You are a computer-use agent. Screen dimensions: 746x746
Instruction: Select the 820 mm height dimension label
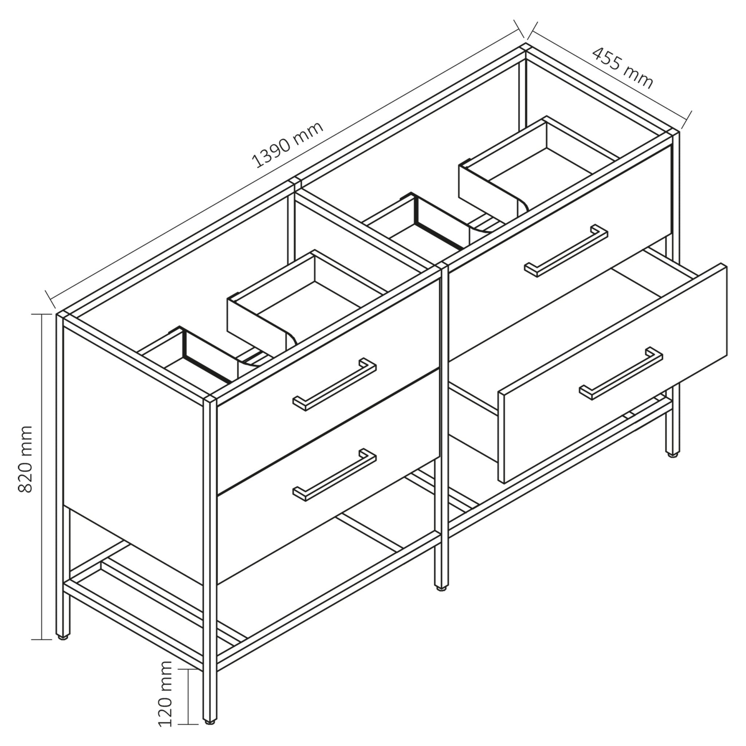[25, 459]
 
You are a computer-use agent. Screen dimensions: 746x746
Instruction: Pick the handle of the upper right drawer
[566, 250]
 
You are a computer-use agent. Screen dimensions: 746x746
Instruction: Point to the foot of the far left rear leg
[63, 638]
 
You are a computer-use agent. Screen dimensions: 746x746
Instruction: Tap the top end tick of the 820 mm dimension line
[41, 315]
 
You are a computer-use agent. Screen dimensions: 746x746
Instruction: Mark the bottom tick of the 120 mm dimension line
[187, 724]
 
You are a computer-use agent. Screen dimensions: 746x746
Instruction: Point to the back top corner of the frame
[525, 47]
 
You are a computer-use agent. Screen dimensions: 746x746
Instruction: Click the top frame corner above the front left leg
[210, 400]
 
